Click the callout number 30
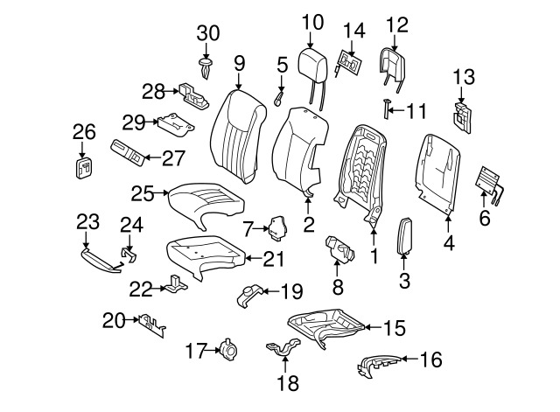208,32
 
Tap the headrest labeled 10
312,62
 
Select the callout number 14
353,31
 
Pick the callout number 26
84,132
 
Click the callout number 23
83,221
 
